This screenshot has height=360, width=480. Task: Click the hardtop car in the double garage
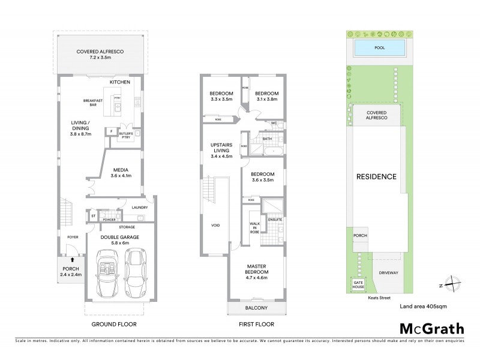[134, 273]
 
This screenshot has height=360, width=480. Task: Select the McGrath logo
[431, 328]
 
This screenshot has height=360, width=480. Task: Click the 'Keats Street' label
[380, 296]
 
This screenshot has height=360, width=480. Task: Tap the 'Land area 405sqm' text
[423, 306]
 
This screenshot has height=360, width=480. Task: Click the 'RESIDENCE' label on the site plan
[377, 177]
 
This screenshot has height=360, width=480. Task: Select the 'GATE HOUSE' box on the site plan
[358, 284]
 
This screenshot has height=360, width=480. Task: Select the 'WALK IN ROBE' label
[254, 226]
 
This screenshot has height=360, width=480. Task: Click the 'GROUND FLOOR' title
[113, 324]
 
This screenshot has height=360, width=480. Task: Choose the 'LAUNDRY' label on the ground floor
[139, 208]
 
